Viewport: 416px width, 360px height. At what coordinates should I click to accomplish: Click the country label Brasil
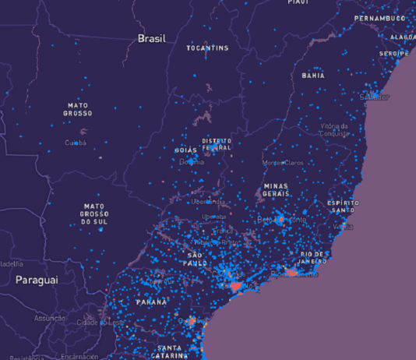point(152,38)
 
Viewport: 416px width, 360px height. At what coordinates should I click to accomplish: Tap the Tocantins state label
point(208,48)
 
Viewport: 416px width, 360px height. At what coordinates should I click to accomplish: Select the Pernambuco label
point(379,18)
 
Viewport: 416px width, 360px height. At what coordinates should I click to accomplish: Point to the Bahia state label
point(313,76)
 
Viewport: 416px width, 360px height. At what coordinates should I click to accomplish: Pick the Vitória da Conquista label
point(333,129)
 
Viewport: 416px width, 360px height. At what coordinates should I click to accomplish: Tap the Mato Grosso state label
point(78,109)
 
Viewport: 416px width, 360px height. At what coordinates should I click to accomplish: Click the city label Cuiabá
point(76,143)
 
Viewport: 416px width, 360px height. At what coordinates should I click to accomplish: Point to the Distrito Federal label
point(217,144)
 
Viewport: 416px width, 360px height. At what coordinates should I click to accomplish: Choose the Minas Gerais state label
point(276,190)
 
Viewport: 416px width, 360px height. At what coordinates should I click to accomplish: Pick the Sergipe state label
point(393,53)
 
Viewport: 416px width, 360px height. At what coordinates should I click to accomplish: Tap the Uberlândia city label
point(209,202)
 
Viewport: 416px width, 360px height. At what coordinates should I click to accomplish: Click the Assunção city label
point(50,318)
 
